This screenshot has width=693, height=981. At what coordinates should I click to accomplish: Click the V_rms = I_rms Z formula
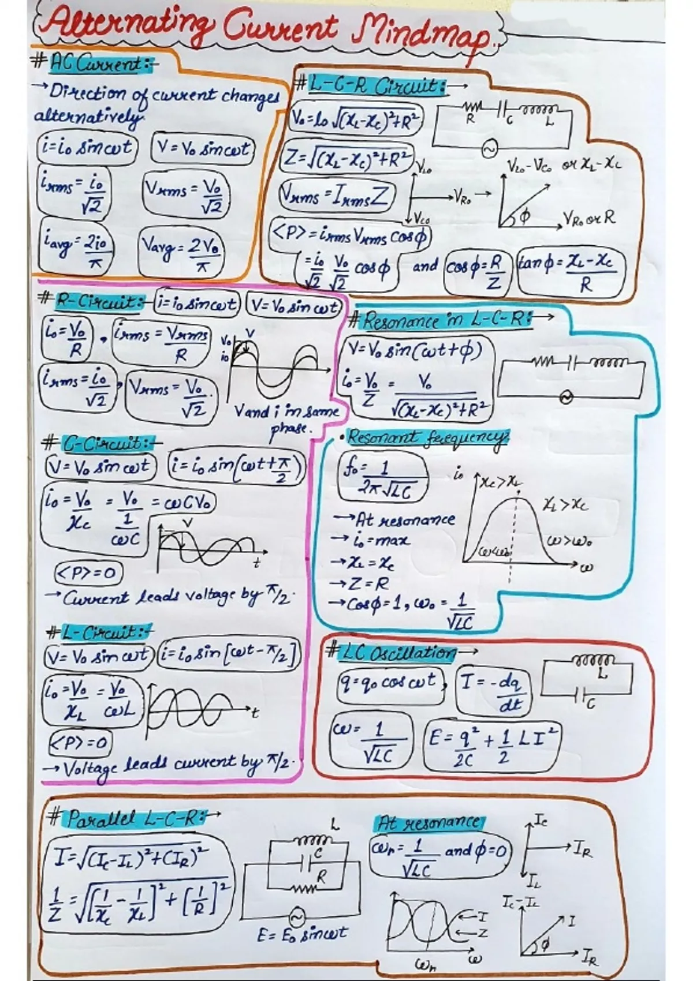[334, 196]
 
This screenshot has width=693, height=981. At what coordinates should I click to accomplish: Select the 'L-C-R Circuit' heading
[376, 86]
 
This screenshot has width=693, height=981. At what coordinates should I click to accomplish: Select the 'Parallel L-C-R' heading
[133, 818]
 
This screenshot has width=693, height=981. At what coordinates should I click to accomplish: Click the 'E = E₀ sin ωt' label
[303, 933]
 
